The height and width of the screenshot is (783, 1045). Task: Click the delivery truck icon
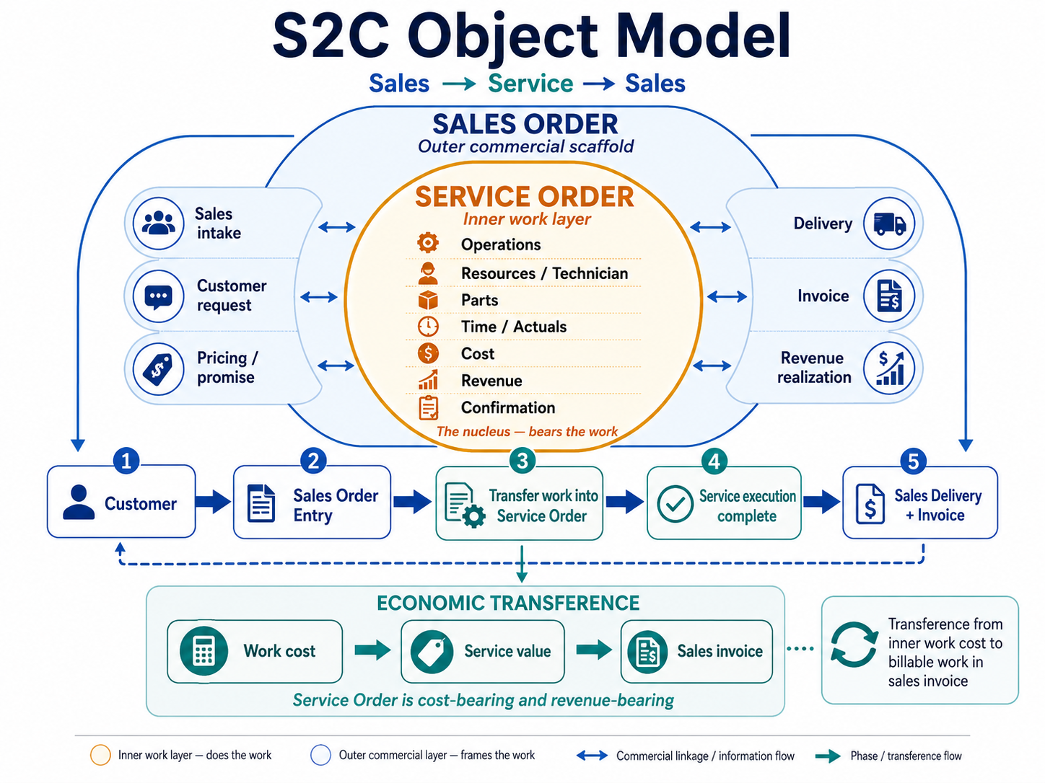[x=889, y=224]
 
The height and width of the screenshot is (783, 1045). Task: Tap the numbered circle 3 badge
[x=522, y=461]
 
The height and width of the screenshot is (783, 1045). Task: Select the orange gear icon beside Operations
[x=427, y=243]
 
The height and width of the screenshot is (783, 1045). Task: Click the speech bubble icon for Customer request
[x=159, y=296]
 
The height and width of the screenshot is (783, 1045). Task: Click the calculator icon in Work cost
[x=204, y=651]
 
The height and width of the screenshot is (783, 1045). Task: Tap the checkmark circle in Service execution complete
[x=675, y=504]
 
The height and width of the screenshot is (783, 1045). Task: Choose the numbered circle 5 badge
[x=913, y=461]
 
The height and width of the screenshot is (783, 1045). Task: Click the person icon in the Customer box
[x=79, y=502]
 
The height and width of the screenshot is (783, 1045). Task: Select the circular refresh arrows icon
[x=854, y=645]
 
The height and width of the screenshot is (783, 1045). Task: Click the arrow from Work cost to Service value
[x=372, y=650]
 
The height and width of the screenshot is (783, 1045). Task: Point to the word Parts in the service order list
[x=479, y=300]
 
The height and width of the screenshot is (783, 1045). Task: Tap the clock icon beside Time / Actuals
[x=428, y=327]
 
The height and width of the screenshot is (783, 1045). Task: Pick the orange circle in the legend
[x=100, y=755]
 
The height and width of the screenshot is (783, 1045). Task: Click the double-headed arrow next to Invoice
[x=727, y=297]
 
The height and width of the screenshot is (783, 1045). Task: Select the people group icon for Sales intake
[x=159, y=223]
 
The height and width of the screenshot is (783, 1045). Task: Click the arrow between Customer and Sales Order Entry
[x=213, y=502]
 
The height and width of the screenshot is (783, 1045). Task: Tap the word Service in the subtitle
[x=530, y=84]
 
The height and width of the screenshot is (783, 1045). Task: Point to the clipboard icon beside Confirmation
[x=429, y=407]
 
